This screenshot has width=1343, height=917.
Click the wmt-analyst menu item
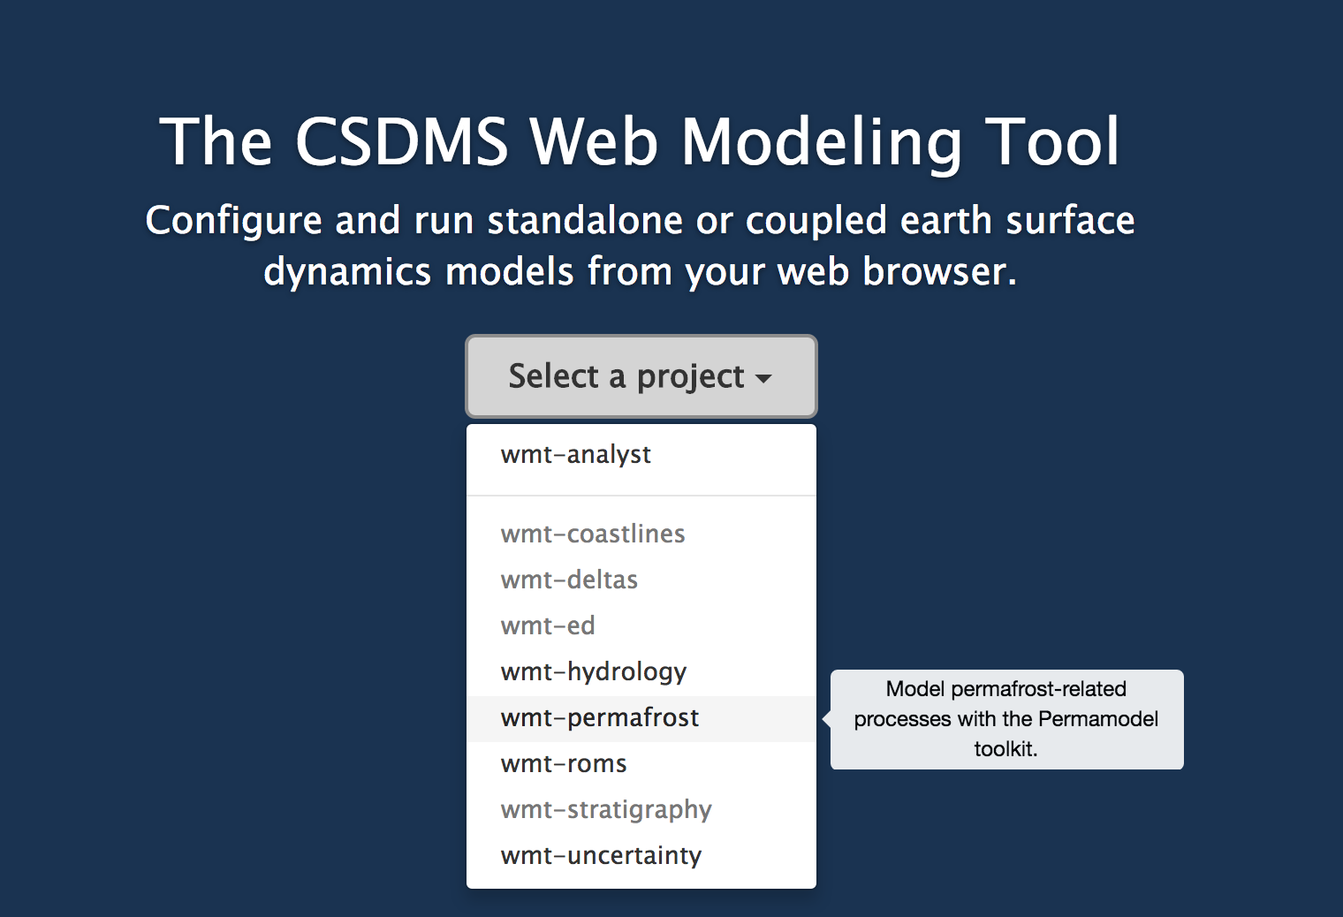tap(575, 454)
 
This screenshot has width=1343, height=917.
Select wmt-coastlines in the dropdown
tap(592, 534)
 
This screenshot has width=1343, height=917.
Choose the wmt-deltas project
tap(569, 580)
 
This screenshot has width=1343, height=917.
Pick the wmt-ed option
tap(548, 625)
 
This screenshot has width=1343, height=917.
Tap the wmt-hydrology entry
tap(594, 672)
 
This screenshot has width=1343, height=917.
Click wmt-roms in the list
tap(564, 763)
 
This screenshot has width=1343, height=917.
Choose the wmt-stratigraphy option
tap(606, 810)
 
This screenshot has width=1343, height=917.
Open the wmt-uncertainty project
tap(601, 855)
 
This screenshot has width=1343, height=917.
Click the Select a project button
tap(641, 376)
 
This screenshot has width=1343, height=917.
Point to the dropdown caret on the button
tap(763, 378)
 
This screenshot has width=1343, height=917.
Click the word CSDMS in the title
tap(402, 141)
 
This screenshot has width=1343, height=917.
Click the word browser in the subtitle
tap(940, 271)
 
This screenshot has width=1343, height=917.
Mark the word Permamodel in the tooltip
tap(1098, 718)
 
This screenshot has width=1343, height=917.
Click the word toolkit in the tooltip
tap(1005, 748)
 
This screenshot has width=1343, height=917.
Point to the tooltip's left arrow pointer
tap(827, 718)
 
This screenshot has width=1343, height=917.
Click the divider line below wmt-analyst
tap(641, 496)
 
